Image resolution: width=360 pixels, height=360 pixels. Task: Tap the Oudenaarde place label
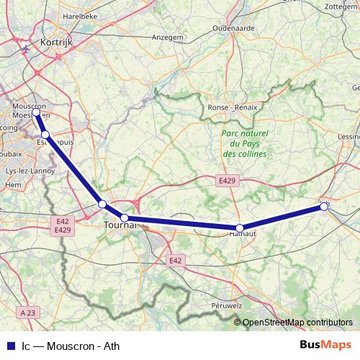230,29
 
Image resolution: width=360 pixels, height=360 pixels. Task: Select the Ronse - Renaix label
228,108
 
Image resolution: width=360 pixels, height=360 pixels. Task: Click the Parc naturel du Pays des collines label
244,144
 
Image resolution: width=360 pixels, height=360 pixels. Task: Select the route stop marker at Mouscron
36,113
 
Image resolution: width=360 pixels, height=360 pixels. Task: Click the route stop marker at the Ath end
324,207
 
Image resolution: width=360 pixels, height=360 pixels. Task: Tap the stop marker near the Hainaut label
240,228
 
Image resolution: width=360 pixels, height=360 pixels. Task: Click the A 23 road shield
28,312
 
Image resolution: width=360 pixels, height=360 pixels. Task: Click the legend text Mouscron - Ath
71,345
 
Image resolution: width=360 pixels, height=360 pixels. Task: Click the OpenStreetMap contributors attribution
297,323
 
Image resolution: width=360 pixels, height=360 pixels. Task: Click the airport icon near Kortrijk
26,48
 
